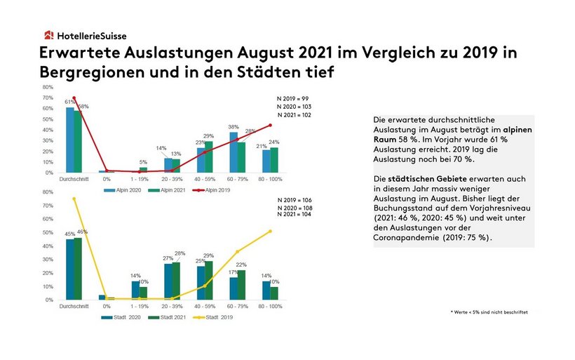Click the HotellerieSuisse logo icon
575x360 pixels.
pos(48,35)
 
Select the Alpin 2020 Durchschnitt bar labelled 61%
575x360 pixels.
pos(69,140)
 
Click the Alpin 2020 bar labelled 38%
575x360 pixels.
pos(234,152)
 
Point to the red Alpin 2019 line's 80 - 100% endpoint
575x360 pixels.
pos(270,126)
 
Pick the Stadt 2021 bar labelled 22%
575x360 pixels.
pos(242,285)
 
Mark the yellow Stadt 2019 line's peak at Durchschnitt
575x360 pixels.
pos(74,199)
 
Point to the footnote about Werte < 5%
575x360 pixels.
pos(489,312)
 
